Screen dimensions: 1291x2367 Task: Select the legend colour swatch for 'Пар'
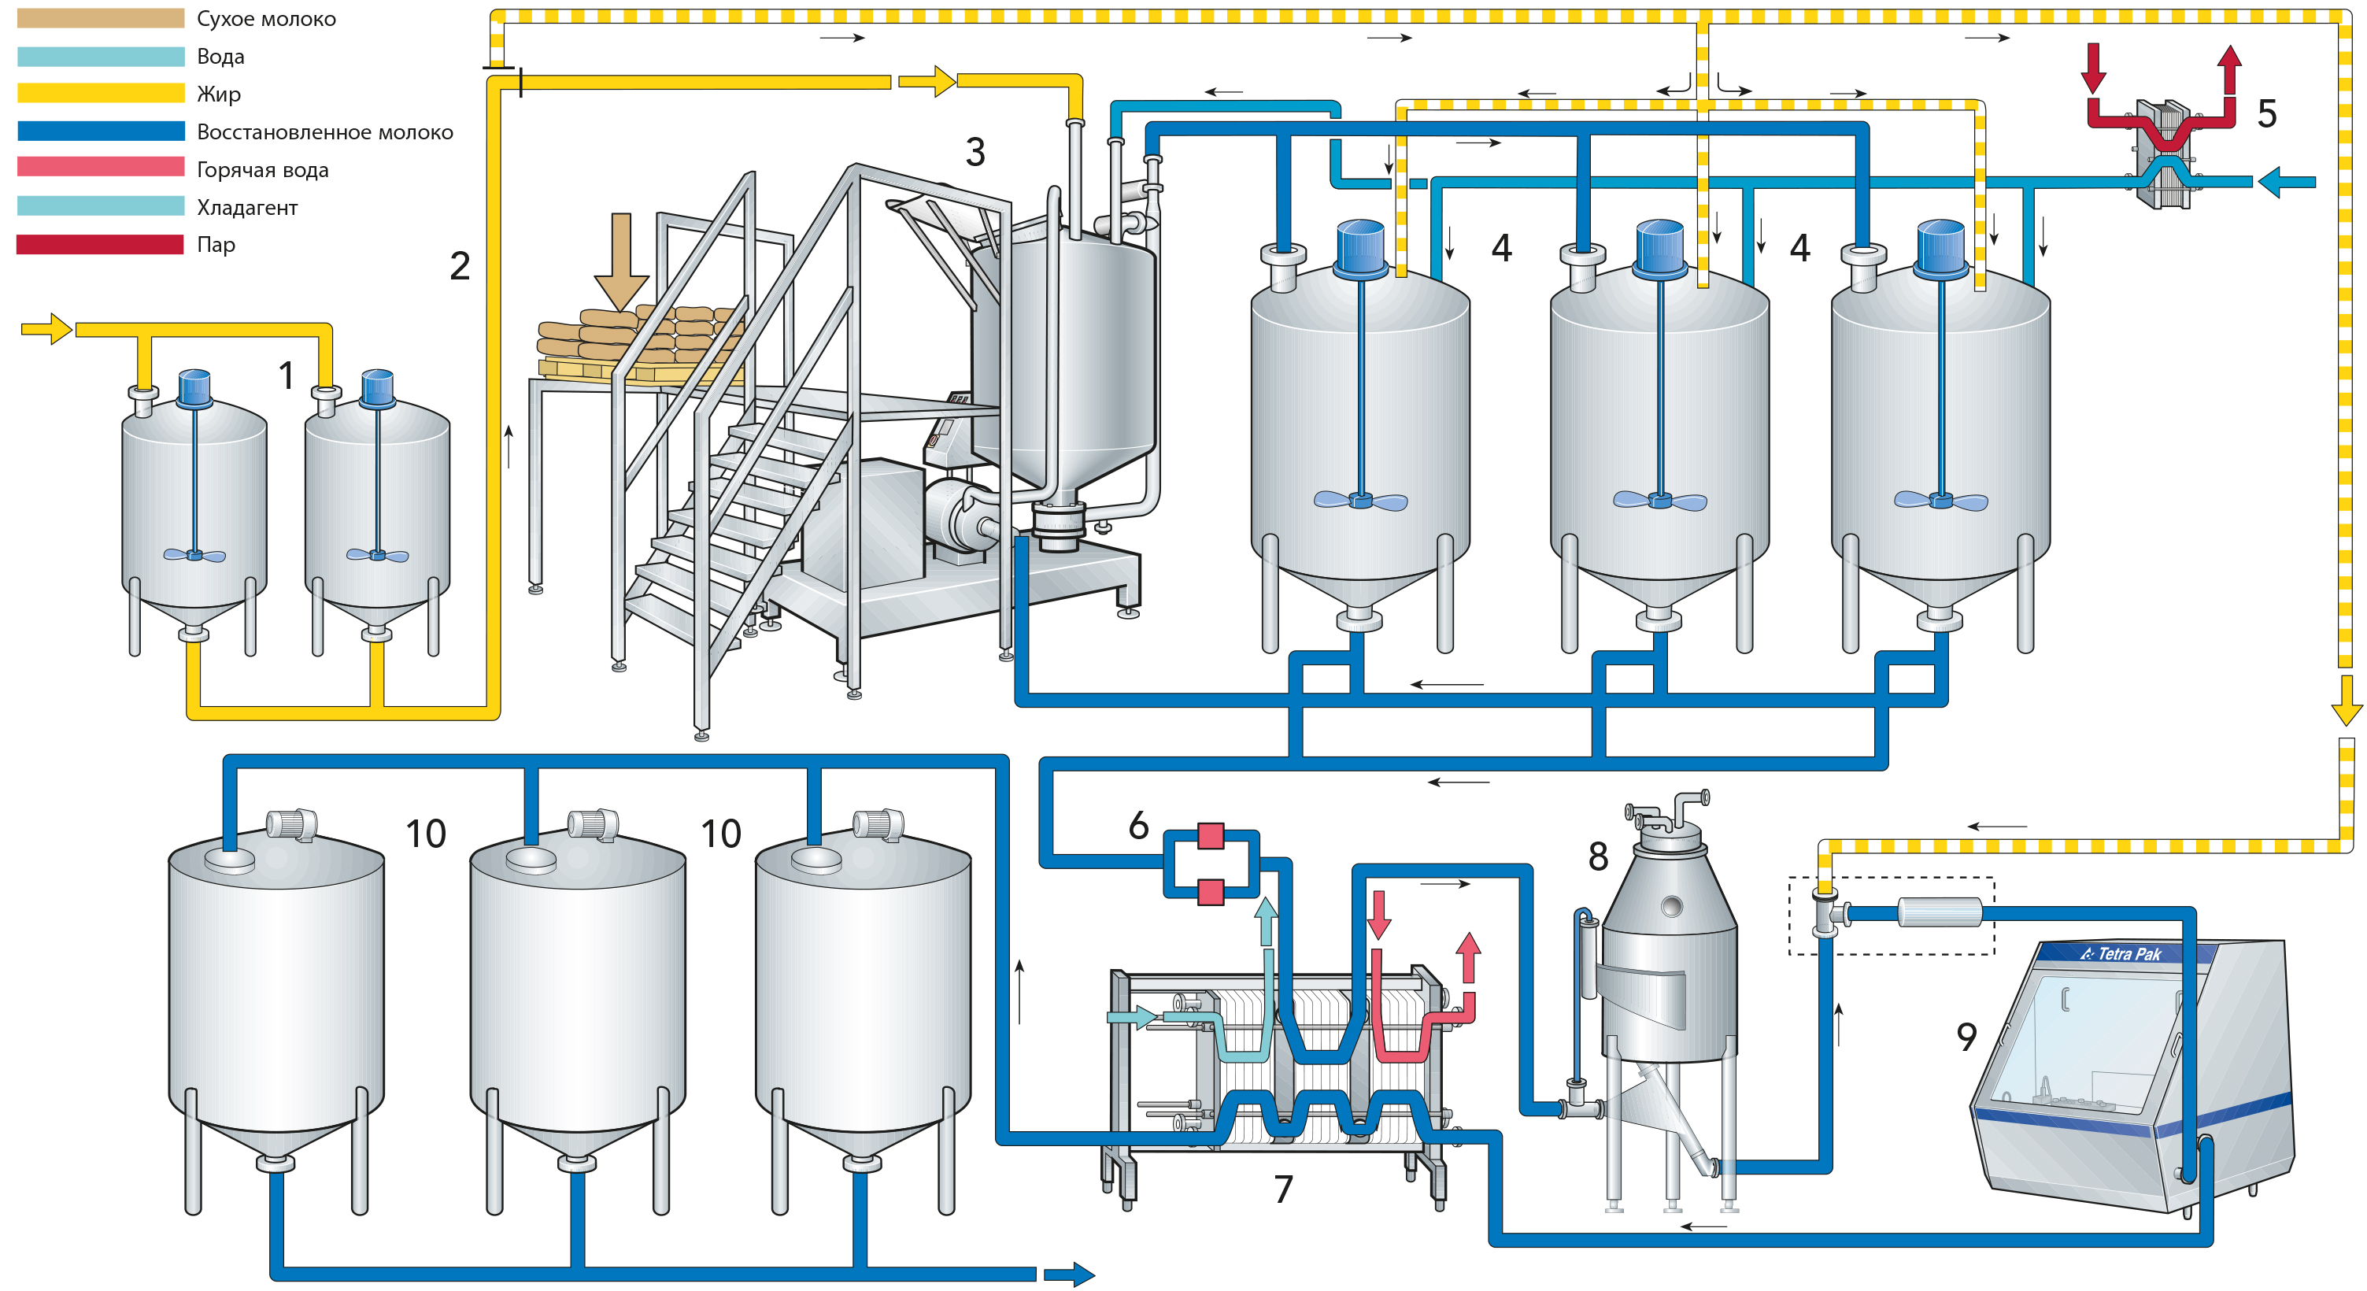click(x=100, y=244)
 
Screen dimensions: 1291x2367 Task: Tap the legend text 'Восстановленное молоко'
click(x=324, y=132)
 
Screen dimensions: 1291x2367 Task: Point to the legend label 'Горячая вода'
click(x=262, y=170)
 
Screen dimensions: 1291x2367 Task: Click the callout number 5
click(x=2267, y=114)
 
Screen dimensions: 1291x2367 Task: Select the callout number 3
click(x=975, y=152)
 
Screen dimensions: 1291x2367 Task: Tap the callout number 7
click(x=1283, y=1189)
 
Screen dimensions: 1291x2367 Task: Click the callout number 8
click(x=1598, y=856)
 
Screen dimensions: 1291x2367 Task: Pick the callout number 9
click(x=1966, y=1037)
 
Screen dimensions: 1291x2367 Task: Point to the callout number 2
click(x=460, y=267)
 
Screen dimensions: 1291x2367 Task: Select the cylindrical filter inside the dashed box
click(x=1940, y=912)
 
